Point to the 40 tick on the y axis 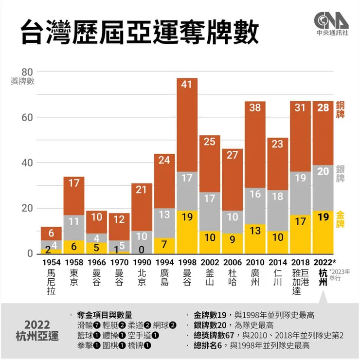tap(27, 163)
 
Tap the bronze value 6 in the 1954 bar tap(51, 234)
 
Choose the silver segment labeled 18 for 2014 tap(277, 197)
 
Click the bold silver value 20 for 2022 tap(323, 171)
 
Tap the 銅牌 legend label tap(340, 114)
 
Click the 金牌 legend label tap(340, 220)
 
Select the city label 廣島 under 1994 tap(164, 278)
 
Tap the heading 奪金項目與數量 tap(104, 315)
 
